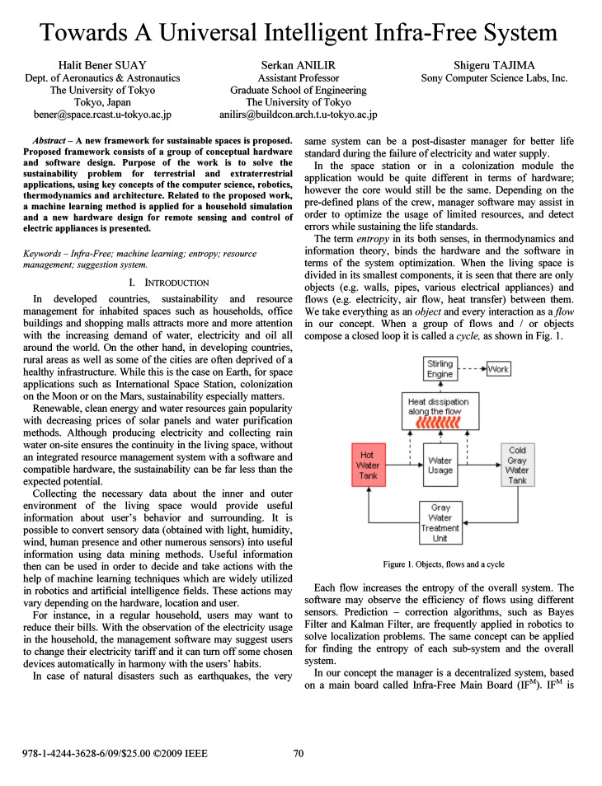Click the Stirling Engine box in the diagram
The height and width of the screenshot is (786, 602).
(x=440, y=368)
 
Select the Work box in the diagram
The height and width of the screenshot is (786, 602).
(x=498, y=369)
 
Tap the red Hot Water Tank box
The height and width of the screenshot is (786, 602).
(x=368, y=466)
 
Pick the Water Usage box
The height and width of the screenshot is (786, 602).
(x=440, y=466)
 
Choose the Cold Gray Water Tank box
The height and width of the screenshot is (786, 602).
(x=517, y=466)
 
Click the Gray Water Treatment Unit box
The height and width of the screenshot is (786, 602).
(x=440, y=522)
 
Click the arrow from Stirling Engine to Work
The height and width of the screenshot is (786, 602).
(x=472, y=369)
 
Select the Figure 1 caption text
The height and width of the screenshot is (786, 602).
(x=444, y=564)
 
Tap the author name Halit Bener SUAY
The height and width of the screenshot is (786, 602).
(x=102, y=65)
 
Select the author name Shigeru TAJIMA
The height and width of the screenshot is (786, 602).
(x=494, y=65)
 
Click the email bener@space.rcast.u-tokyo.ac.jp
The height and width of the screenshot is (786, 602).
(x=102, y=115)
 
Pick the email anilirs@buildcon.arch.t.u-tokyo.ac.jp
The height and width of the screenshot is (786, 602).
(x=298, y=115)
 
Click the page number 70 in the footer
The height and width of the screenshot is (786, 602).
(x=299, y=752)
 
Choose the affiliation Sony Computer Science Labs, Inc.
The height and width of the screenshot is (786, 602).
(x=494, y=78)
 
